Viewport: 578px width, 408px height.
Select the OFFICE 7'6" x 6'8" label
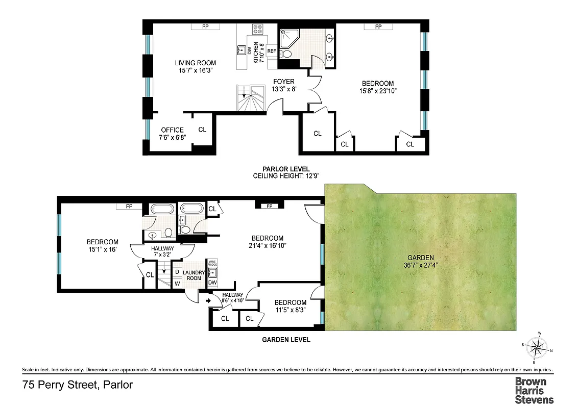coord(172,134)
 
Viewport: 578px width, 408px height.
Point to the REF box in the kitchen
coord(272,51)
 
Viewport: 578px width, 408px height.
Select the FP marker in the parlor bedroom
coord(378,27)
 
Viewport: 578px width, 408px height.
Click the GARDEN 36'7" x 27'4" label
coord(422,261)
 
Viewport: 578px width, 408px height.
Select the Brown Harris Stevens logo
coord(534,390)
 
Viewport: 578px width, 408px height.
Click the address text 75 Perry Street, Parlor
coord(78,385)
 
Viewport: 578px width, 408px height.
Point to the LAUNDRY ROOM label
coord(194,275)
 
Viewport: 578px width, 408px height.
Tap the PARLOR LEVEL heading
coord(286,169)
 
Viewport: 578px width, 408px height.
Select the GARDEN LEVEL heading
coord(286,340)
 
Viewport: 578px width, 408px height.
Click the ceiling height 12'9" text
coord(286,176)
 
